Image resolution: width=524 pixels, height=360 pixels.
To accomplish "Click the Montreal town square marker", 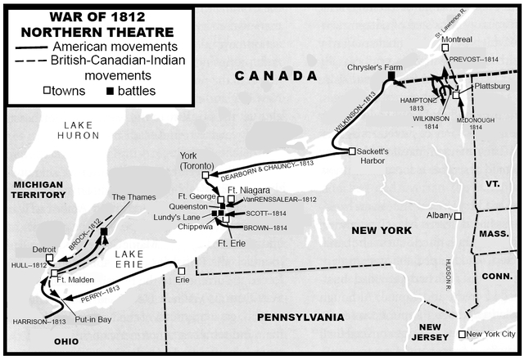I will [445, 48].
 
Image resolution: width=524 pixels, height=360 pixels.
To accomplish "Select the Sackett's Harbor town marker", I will [351, 151].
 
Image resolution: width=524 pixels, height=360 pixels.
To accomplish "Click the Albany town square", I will [458, 215].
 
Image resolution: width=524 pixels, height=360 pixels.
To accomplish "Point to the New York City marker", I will [463, 334].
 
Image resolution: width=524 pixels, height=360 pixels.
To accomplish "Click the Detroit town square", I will [51, 259].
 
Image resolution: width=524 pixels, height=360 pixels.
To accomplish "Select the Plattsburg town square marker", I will [457, 94].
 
